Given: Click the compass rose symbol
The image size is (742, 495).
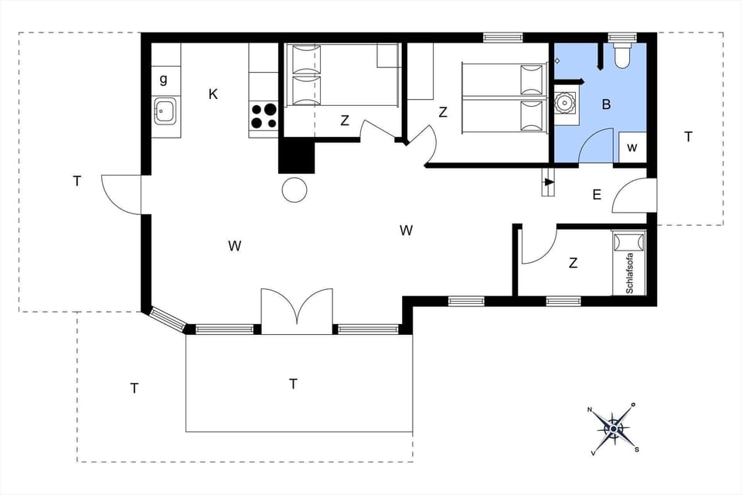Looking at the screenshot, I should pyautogui.click(x=614, y=427).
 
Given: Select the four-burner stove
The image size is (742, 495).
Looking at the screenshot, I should pyautogui.click(x=264, y=116).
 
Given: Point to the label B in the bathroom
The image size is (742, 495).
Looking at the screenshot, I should pyautogui.click(x=606, y=104).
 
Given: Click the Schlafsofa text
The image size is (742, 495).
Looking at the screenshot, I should pyautogui.click(x=629, y=272).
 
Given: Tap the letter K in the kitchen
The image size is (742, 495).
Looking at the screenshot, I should pyautogui.click(x=213, y=94).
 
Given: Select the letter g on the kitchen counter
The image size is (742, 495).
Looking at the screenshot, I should pyautogui.click(x=163, y=79).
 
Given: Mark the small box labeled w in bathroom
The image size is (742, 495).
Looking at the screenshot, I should pyautogui.click(x=632, y=147).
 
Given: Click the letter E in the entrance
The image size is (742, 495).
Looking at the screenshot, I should pyautogui.click(x=596, y=195).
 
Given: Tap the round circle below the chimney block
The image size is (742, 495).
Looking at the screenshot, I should pyautogui.click(x=294, y=189).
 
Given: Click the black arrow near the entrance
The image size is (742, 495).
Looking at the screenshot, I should pyautogui.click(x=549, y=183).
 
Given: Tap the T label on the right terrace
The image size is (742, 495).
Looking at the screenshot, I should pyautogui.click(x=688, y=137).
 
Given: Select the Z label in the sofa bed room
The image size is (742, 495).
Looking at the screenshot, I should pyautogui.click(x=573, y=263).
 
